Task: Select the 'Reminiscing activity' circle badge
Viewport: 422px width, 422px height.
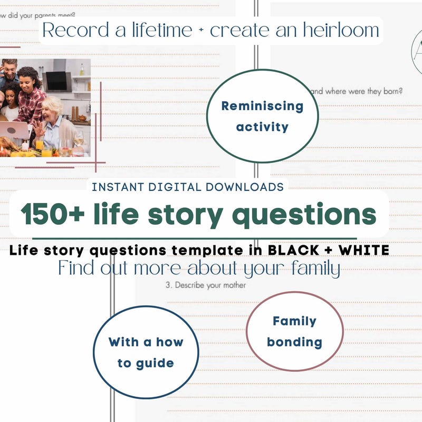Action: click(262, 116)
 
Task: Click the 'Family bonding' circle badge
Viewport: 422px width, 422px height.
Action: click(294, 331)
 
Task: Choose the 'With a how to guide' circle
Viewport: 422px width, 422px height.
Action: click(146, 352)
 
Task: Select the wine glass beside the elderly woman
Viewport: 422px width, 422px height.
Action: click(79, 138)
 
